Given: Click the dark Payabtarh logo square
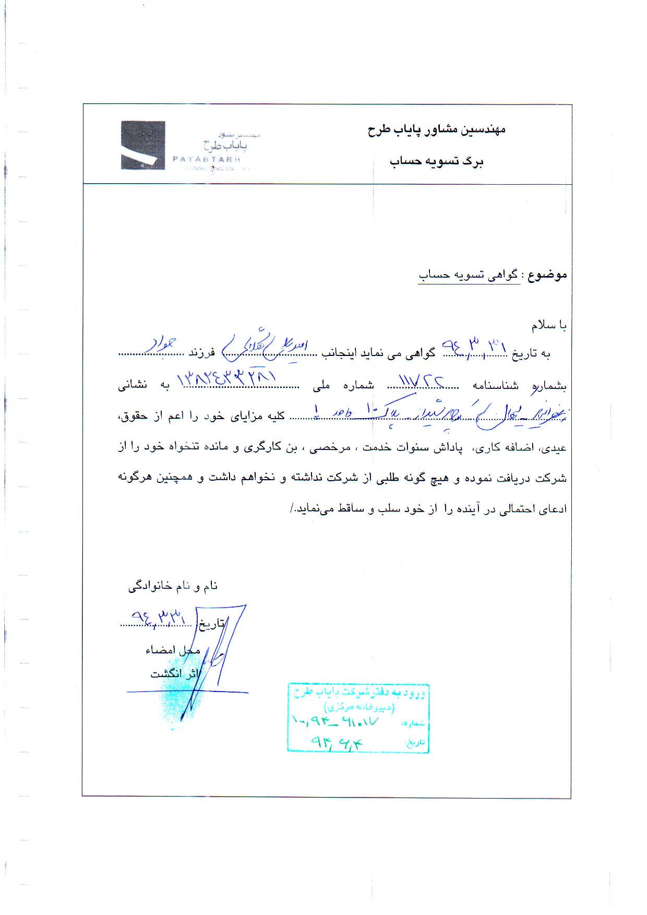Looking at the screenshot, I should pos(143,145).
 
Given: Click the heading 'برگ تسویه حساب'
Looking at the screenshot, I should pos(437,161).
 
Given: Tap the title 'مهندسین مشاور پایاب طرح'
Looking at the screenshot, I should pos(436,129).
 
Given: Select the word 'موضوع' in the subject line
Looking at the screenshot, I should pos(547,275).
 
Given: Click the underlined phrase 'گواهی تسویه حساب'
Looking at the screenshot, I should pos(469,276).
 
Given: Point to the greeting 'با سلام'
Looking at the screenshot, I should pos(549,326).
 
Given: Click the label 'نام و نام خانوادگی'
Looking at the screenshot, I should pos(173,587).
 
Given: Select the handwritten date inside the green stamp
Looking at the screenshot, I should pos(336,741).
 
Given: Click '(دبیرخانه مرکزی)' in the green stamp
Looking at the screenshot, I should pos(360,707).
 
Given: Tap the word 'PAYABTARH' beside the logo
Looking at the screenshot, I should pos(206,159).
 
